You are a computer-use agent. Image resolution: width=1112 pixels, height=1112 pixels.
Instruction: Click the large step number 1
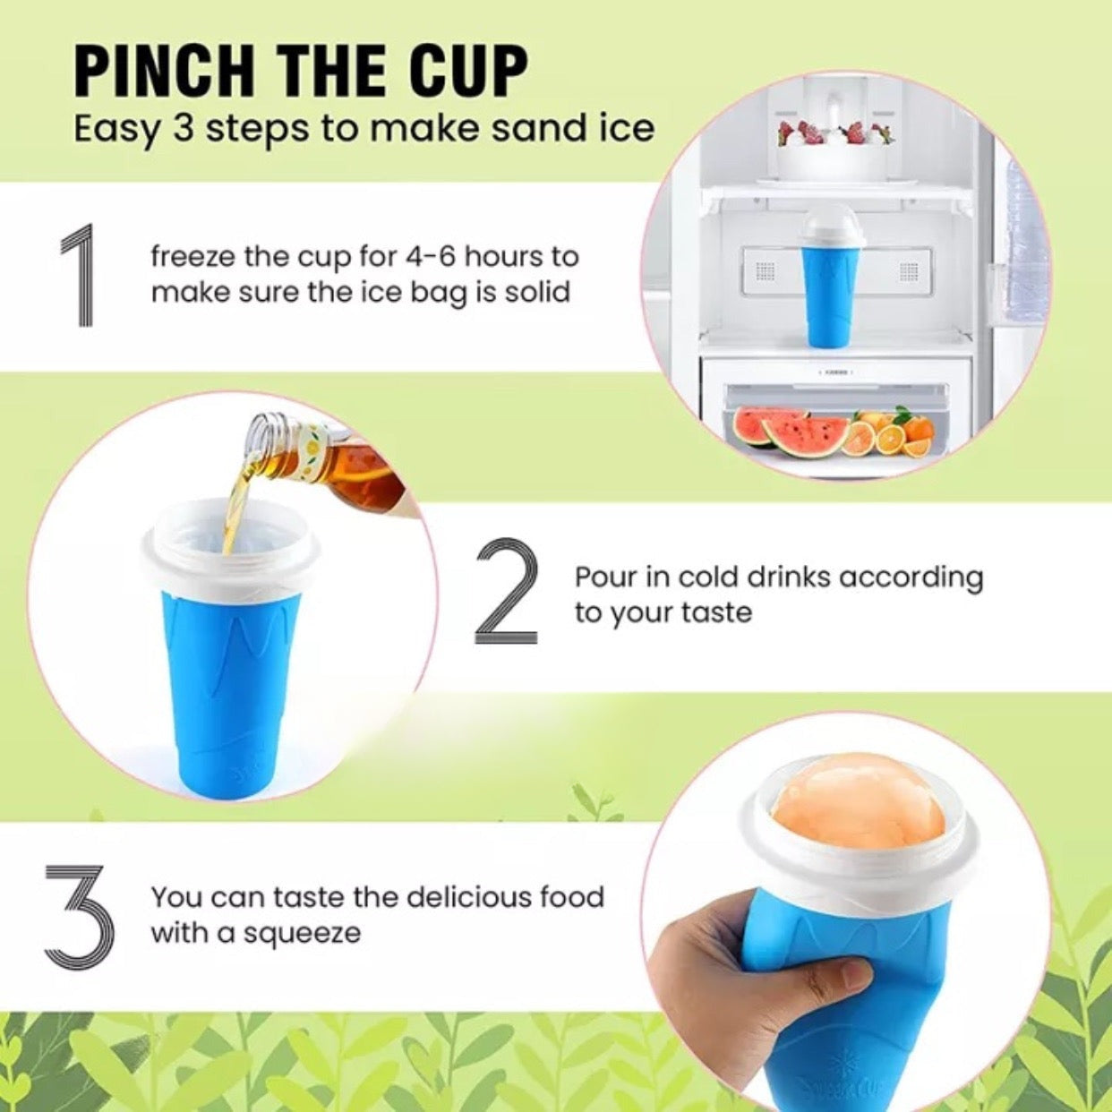pyautogui.click(x=78, y=275)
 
